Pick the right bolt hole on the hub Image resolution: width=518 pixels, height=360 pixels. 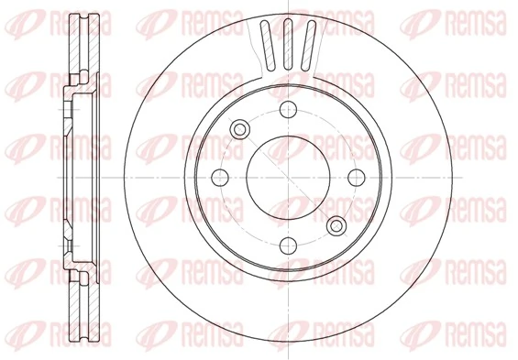tap(356, 176)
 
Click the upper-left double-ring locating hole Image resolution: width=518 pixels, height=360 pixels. tap(241, 128)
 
